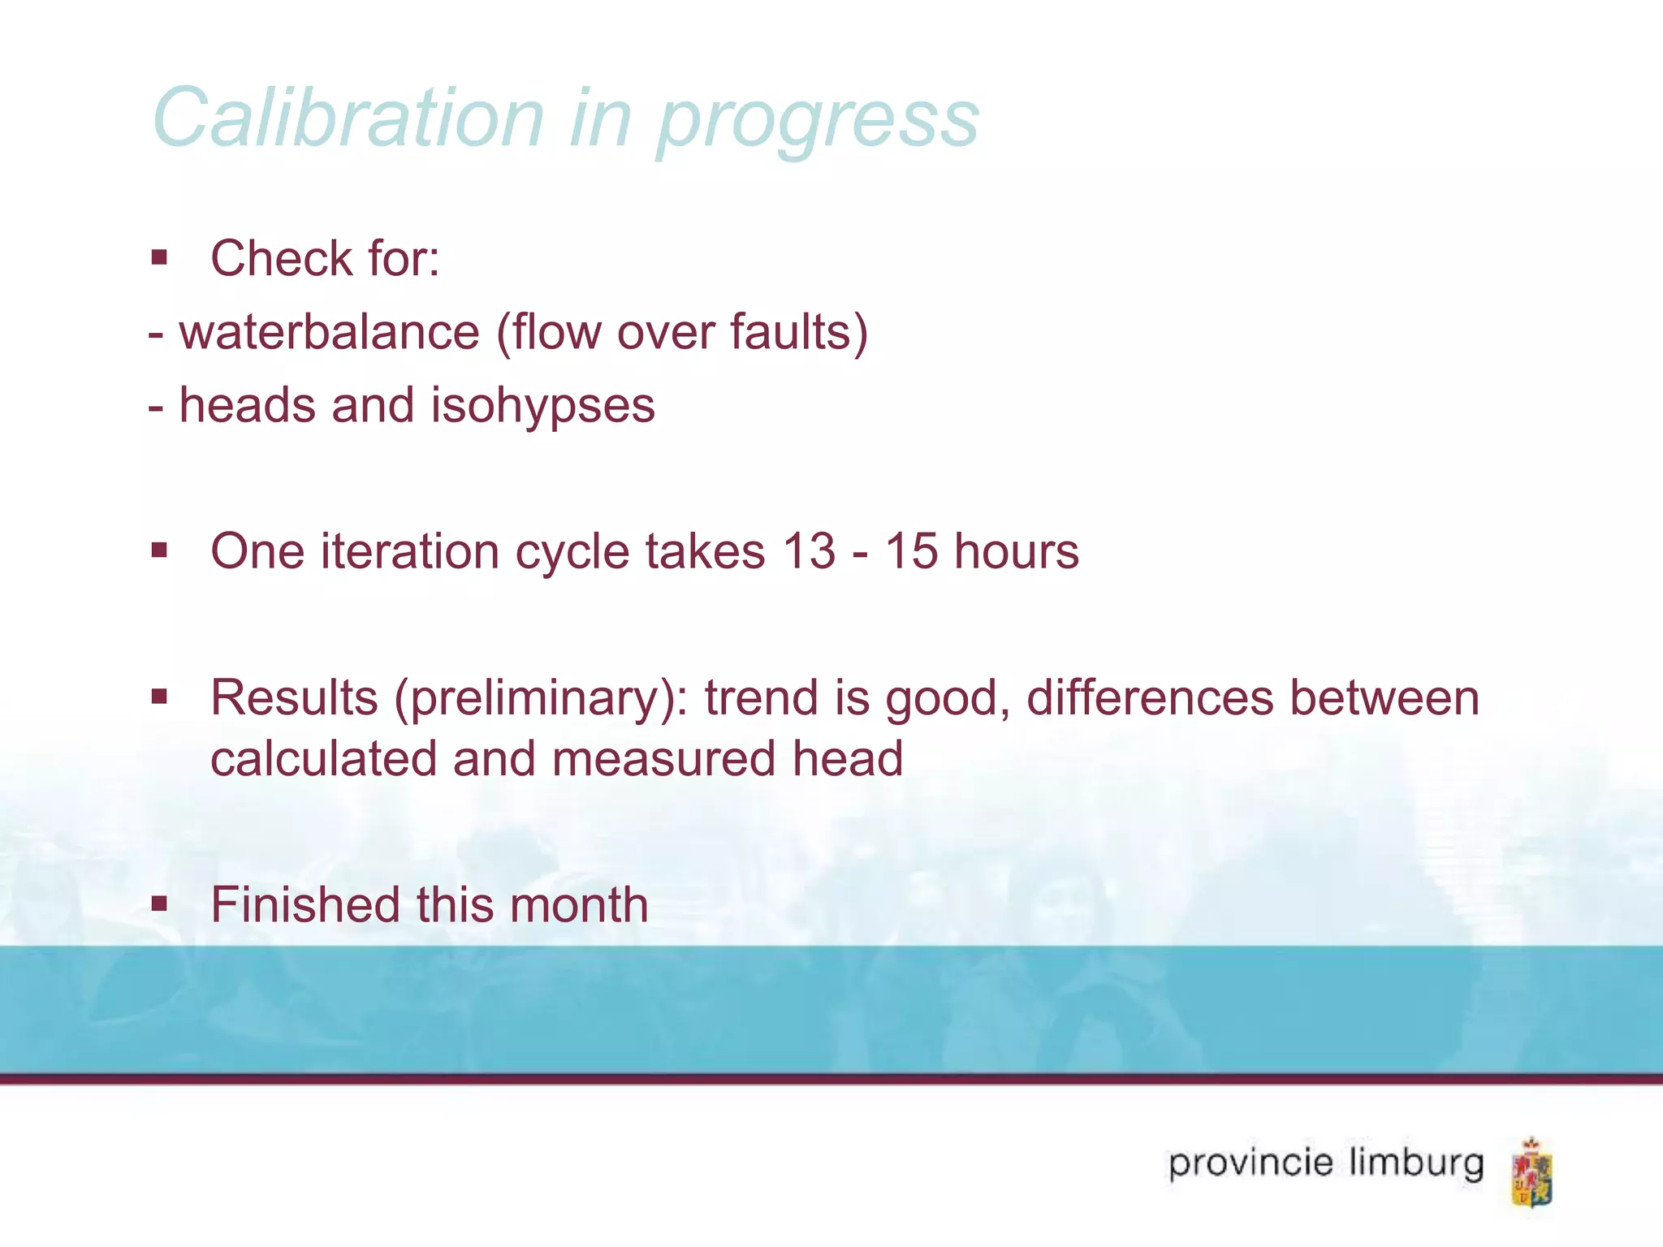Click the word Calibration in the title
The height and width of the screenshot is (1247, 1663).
point(348,119)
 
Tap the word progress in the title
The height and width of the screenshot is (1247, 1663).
point(818,122)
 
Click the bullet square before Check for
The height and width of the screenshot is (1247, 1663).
point(159,258)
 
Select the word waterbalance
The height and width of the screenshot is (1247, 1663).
point(330,332)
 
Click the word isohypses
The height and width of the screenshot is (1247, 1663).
point(542,406)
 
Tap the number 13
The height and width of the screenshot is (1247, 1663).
point(809,551)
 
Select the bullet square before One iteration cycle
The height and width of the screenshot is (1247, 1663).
point(159,551)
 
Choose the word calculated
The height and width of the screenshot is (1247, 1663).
point(324,758)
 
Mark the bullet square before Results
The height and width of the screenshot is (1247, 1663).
point(159,697)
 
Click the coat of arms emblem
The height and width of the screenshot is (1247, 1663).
point(1531,1172)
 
